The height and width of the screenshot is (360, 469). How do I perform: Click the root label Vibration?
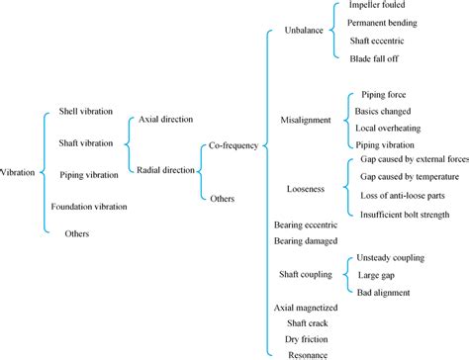pos(18,172)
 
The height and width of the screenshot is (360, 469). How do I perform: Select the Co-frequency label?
pos(233,145)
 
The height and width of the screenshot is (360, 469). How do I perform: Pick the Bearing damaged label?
pos(308,240)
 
